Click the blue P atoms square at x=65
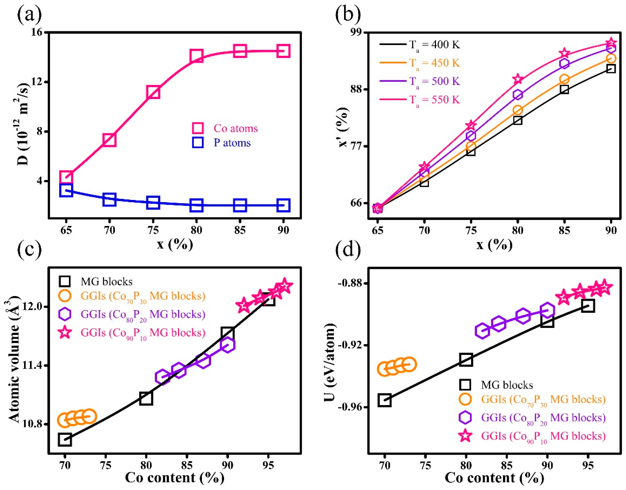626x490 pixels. (x=66, y=190)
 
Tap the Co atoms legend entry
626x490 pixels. (x=235, y=128)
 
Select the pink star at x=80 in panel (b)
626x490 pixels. (x=517, y=79)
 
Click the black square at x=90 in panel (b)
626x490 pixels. (x=611, y=69)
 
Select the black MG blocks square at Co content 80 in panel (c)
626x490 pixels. (x=146, y=398)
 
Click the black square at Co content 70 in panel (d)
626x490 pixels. (x=385, y=400)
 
